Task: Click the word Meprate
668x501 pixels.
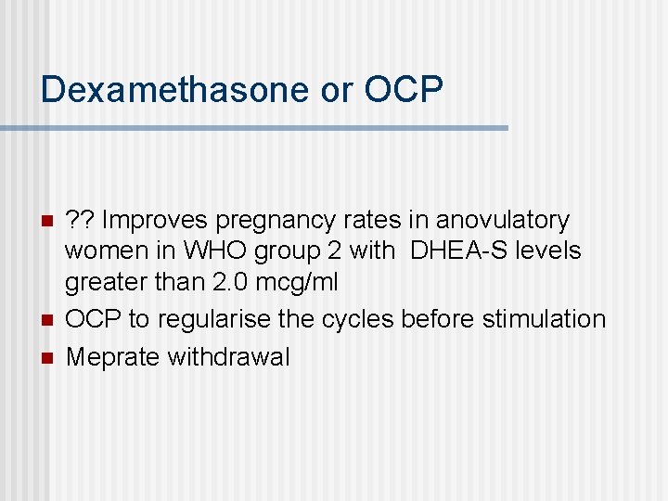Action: click(113, 356)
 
